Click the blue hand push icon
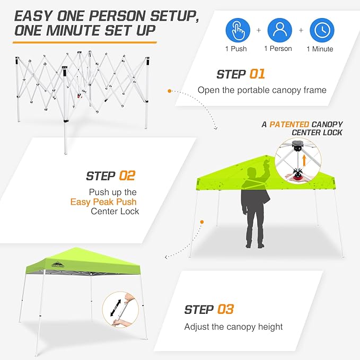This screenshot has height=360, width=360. [x=238, y=30]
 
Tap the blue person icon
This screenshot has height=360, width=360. [x=279, y=30]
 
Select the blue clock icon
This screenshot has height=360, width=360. [x=321, y=30]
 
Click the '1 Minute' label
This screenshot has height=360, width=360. [x=320, y=49]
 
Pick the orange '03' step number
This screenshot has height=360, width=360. [x=225, y=309]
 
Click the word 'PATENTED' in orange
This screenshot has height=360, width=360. [x=289, y=124]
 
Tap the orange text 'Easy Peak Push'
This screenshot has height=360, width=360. [x=103, y=201]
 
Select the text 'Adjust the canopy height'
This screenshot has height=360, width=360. [x=233, y=327]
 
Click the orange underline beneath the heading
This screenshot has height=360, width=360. [x=85, y=41]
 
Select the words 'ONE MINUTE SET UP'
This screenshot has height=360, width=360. [x=85, y=30]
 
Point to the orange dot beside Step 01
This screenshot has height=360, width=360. [x=169, y=91]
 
